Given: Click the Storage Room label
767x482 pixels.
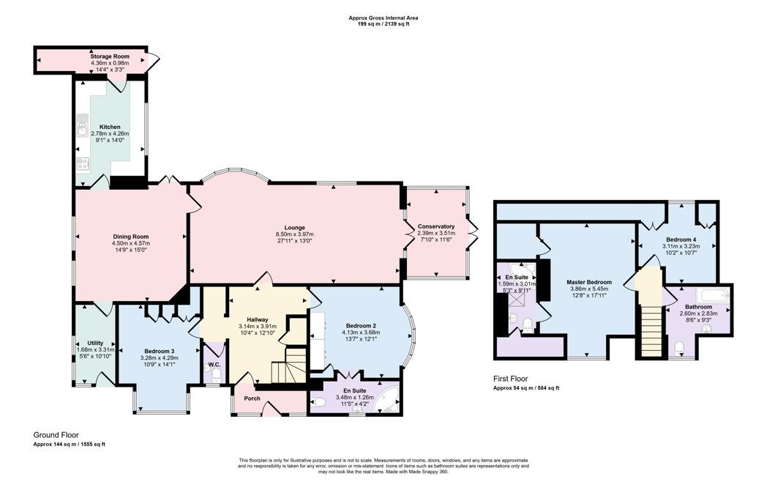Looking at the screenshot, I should [109, 56].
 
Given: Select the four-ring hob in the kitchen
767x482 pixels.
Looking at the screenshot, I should [82, 164].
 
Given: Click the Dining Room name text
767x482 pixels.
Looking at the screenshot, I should [130, 237].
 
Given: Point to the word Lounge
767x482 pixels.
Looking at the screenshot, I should [295, 227].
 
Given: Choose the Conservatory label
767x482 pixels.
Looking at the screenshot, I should [435, 226].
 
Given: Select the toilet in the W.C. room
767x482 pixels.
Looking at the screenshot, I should [215, 375].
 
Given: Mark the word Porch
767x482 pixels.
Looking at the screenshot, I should [252, 398].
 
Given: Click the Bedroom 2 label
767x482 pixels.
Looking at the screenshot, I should [359, 325].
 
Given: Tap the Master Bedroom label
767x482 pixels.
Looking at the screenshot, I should [588, 281].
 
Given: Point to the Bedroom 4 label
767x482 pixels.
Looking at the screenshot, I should [681, 240].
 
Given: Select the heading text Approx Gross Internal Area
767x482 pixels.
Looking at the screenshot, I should [383, 18].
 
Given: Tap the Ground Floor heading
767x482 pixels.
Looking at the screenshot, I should [56, 434].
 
